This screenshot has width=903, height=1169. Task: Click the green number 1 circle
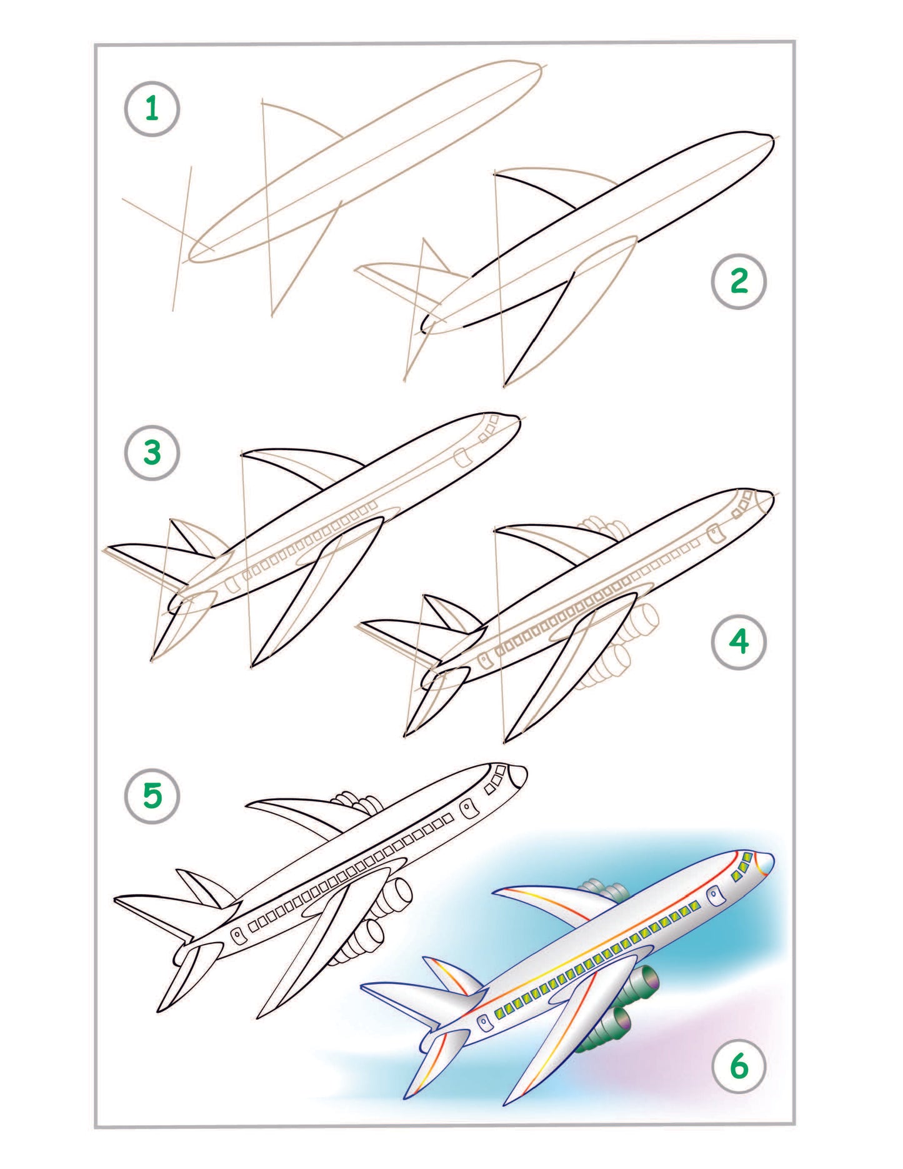pos(152,109)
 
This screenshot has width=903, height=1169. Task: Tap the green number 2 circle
pos(739,281)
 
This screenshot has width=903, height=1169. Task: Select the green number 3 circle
pos(152,453)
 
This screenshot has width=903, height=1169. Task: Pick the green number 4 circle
pos(739,642)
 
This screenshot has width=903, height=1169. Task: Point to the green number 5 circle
pos(152,796)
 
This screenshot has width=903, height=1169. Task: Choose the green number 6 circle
pos(739,1066)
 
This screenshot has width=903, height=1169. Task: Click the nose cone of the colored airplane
pos(766,863)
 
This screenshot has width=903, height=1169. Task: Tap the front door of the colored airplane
pos(714,896)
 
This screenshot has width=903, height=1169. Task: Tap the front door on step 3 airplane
pos(462,458)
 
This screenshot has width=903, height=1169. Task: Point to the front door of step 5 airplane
pos(468,809)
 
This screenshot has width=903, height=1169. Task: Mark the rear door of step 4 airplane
pos(483,660)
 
